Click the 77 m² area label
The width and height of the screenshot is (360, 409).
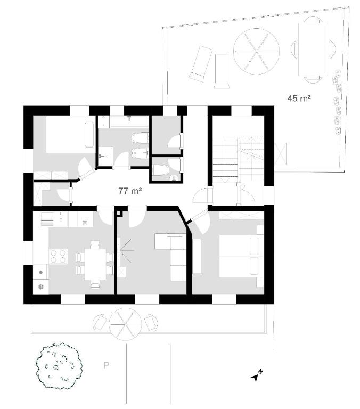130,191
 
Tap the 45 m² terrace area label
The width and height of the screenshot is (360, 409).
299,99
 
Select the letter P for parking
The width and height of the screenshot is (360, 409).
106,365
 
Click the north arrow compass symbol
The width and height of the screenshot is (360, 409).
257,375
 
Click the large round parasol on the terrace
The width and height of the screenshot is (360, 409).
256,52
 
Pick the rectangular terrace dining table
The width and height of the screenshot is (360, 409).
313,50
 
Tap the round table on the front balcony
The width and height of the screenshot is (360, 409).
125,324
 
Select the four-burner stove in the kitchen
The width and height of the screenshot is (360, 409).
59,256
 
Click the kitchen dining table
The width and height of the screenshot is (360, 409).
95,264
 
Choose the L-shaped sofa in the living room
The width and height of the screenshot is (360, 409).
170,257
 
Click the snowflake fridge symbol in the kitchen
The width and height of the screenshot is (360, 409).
41,287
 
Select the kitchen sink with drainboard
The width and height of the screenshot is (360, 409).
54,219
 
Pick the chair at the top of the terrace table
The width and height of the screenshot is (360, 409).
313,20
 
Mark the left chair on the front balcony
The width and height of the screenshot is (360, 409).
100,322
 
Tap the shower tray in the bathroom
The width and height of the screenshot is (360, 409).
105,156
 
